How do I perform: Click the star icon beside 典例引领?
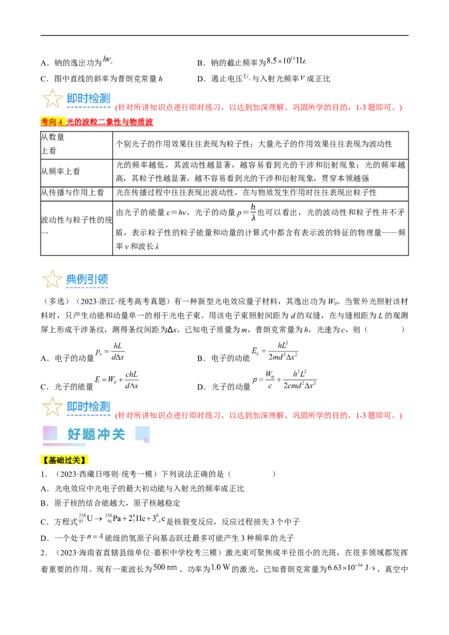[x=52, y=279]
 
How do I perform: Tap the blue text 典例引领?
[x=87, y=279]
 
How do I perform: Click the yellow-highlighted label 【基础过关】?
[x=65, y=461]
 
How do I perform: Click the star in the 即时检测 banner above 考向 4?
[x=52, y=99]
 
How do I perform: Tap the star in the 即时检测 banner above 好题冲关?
[x=52, y=407]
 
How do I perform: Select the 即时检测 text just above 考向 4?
[x=88, y=98]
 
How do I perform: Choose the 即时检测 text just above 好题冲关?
[x=88, y=406]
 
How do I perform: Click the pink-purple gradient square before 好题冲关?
[x=51, y=433]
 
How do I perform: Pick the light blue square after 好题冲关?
[x=143, y=433]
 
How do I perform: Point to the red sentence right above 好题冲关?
[x=259, y=416]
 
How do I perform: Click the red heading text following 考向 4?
[x=111, y=122]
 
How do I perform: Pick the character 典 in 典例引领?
[x=71, y=279]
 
